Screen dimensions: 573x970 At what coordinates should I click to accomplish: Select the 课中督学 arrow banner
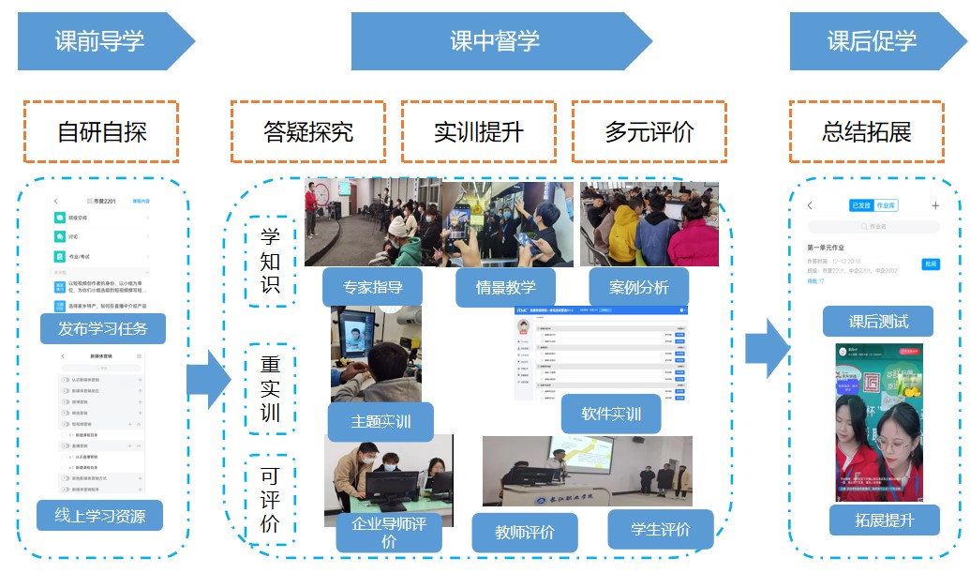tap(495, 41)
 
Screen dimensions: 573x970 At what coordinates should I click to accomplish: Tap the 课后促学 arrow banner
tap(872, 41)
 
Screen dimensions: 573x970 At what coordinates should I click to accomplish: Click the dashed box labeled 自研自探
tap(102, 131)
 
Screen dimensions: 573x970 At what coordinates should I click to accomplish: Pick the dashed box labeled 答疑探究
tap(308, 131)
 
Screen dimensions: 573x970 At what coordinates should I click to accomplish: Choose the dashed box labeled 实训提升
tap(479, 131)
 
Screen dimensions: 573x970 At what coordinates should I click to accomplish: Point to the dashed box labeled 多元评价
tap(649, 131)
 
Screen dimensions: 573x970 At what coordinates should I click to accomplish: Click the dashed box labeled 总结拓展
tap(867, 131)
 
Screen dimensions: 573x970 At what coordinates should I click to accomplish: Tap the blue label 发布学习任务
tap(103, 328)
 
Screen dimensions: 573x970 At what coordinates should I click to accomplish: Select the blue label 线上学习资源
tap(100, 515)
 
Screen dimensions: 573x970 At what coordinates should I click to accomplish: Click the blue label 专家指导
tap(370, 287)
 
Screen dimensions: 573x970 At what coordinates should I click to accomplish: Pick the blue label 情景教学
tap(507, 287)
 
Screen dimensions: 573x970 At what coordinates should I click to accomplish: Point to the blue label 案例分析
tap(639, 287)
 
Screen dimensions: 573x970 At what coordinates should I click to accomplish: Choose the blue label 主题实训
tap(381, 422)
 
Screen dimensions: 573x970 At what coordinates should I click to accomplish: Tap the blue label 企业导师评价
tap(389, 533)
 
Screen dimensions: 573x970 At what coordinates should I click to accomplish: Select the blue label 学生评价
tap(662, 529)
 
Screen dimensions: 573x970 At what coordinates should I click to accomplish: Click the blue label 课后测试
tap(878, 322)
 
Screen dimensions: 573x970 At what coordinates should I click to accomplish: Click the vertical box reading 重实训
tap(270, 389)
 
